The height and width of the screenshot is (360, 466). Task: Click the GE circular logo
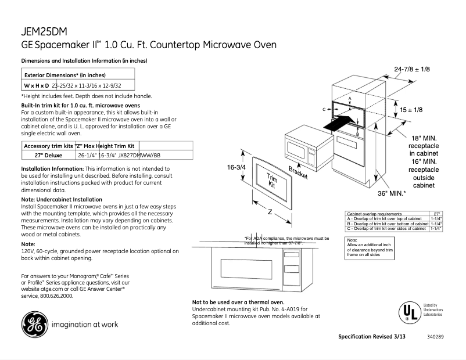point(35,324)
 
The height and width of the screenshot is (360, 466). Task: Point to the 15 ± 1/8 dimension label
point(411,110)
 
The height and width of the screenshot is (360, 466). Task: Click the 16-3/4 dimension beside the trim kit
point(236,167)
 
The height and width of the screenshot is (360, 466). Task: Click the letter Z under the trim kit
point(270,212)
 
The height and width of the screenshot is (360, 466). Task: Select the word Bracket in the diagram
point(298,172)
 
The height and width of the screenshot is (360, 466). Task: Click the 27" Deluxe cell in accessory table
point(49,156)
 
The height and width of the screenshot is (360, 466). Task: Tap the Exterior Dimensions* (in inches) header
point(64,75)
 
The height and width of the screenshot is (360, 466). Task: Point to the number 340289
point(435,337)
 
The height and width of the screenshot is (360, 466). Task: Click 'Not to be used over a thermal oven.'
point(238,303)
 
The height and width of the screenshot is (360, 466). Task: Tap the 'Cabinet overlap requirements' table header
point(374,214)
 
